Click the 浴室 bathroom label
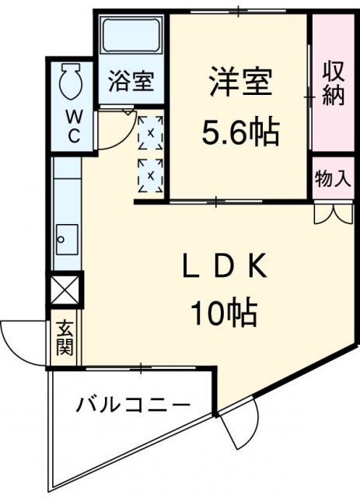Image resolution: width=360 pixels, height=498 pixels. pyautogui.click(x=131, y=82)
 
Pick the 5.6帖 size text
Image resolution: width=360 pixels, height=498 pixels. pyautogui.click(x=240, y=134)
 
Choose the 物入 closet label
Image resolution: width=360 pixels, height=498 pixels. pyautogui.click(x=333, y=178)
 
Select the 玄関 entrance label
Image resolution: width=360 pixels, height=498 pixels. pyautogui.click(x=64, y=339)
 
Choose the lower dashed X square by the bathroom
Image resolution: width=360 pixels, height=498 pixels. pyautogui.click(x=150, y=174)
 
